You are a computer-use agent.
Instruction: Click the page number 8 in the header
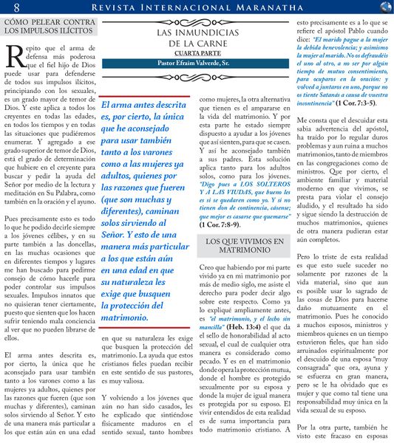(16, 7)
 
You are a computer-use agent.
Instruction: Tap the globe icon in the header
(384, 7)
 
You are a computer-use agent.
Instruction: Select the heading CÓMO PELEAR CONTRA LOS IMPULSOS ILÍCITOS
(49, 28)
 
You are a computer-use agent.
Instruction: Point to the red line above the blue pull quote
(144, 96)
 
